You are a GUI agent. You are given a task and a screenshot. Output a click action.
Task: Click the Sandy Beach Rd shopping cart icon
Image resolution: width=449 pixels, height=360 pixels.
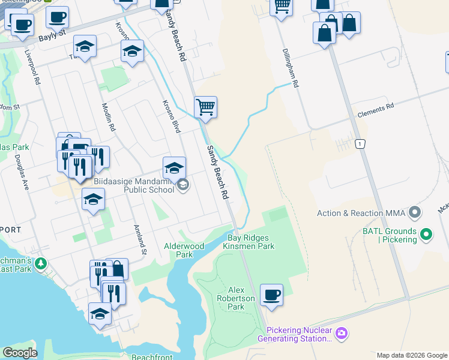pyautogui.click(x=205, y=107)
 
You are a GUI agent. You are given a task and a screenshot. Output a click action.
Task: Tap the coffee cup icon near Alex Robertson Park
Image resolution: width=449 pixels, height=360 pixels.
pyautogui.click(x=271, y=295)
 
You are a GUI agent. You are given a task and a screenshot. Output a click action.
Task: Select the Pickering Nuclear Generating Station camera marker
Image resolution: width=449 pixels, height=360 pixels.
pyautogui.click(x=342, y=332)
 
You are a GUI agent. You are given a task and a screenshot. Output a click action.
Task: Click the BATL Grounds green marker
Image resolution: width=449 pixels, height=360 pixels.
pyautogui.click(x=426, y=233)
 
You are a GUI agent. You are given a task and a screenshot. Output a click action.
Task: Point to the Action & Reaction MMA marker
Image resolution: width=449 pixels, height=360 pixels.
pyautogui.click(x=414, y=212)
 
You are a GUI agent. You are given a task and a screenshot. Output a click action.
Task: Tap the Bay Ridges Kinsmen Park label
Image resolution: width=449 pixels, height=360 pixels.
pyautogui.click(x=249, y=242)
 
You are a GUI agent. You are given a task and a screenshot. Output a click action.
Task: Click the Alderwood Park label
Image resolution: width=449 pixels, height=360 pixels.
pyautogui.click(x=184, y=250)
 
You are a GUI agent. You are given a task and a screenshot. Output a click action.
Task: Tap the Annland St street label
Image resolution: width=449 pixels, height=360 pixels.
pyautogui.click(x=139, y=239)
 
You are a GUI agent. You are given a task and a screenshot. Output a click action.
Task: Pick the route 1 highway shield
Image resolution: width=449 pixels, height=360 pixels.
pyautogui.click(x=360, y=144)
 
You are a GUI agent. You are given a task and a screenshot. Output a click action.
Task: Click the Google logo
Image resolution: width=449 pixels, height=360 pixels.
pyautogui.click(x=20, y=353)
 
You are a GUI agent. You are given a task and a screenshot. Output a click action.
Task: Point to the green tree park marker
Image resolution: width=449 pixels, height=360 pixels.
pyautogui.click(x=41, y=263)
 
